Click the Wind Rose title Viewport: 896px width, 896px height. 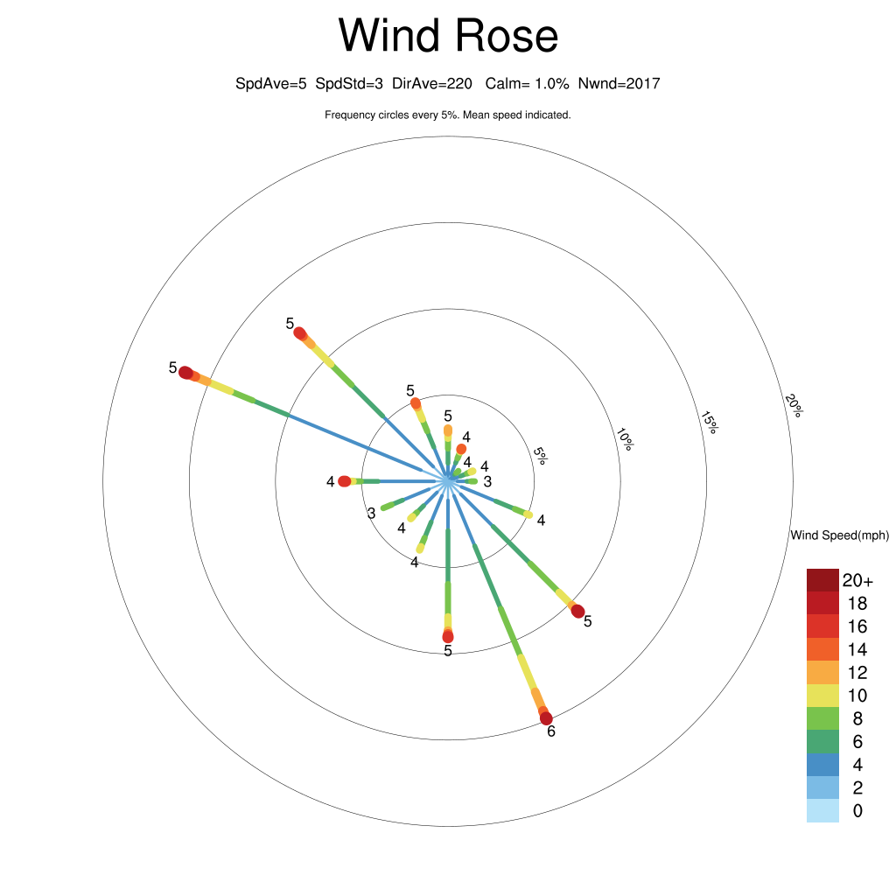tap(448, 35)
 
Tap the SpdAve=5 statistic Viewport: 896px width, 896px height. tap(271, 84)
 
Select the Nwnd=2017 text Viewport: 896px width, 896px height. tap(619, 84)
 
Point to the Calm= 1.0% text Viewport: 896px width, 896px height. tap(527, 84)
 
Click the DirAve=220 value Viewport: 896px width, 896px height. tap(432, 84)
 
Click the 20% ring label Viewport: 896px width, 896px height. tap(794, 405)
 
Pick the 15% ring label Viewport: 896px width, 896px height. tap(709, 423)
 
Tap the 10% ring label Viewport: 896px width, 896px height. tap(625, 439)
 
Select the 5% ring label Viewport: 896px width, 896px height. tap(540, 455)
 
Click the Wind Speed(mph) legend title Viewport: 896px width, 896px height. tap(839, 535)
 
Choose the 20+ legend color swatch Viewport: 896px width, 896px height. tap(822, 580)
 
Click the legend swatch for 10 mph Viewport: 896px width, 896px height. tap(822, 696)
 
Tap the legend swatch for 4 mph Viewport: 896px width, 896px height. tap(822, 765)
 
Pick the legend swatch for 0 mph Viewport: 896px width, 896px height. tap(822, 811)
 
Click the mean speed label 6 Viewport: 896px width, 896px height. tap(551, 731)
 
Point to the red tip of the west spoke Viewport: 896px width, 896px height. tap(344, 482)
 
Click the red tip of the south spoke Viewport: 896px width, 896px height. tap(448, 637)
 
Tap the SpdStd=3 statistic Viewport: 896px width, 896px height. tap(349, 84)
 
